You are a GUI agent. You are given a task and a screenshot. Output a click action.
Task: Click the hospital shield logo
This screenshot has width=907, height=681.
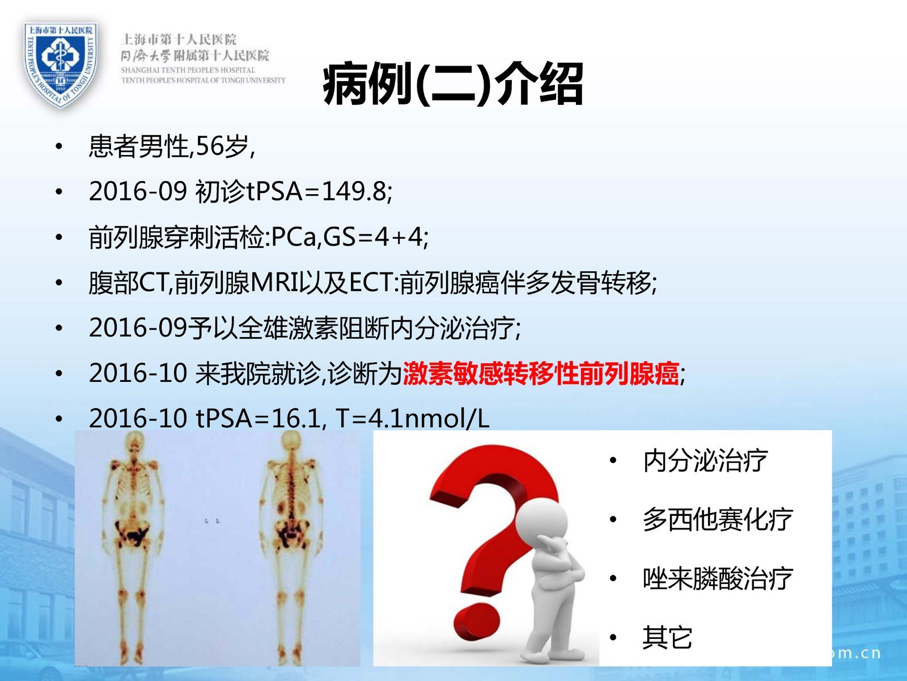pos(60,65)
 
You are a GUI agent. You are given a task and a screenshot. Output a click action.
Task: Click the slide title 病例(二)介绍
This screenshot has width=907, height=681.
pos(453,85)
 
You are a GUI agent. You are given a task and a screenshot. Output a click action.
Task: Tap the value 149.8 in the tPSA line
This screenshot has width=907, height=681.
pos(354,191)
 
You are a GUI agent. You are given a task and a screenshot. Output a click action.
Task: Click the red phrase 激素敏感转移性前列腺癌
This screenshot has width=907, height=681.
pos(540,373)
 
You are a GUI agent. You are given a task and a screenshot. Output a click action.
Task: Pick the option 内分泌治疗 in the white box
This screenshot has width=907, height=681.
pos(705,461)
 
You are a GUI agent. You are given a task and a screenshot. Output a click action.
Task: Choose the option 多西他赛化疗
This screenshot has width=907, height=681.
pos(718,519)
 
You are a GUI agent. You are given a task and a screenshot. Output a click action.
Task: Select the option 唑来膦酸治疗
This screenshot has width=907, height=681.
pos(718,578)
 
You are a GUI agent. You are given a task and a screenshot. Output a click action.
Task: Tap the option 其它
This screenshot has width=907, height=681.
pos(667,637)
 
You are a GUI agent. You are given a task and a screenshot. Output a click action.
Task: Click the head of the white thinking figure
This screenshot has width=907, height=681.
pos(542,520)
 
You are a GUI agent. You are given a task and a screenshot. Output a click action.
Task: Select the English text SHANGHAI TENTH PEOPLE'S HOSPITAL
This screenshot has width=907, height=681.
pos(188,70)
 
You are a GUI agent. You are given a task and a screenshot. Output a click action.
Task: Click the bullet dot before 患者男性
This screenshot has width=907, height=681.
pos(59,146)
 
